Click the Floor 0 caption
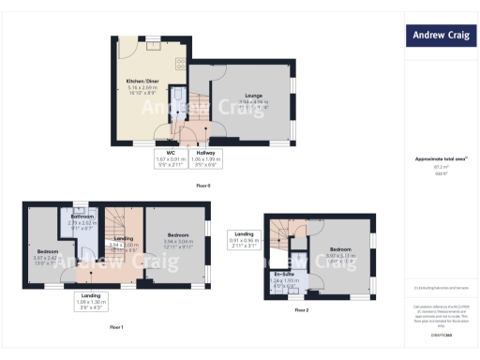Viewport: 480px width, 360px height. pos(203,186)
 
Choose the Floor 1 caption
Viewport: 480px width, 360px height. pos(116,326)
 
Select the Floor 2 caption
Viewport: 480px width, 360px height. pos(300,308)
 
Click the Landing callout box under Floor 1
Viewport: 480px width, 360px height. pos(91,300)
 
